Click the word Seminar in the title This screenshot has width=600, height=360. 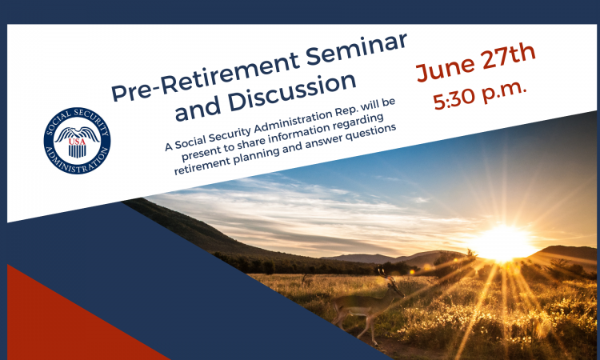click(x=356, y=50)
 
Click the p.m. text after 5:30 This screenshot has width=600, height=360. click(x=504, y=92)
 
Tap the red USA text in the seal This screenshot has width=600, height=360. click(x=77, y=141)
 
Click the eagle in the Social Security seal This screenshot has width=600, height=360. click(x=77, y=134)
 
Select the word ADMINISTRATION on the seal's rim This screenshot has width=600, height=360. click(x=77, y=162)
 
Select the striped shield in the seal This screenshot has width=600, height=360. click(x=77, y=150)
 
